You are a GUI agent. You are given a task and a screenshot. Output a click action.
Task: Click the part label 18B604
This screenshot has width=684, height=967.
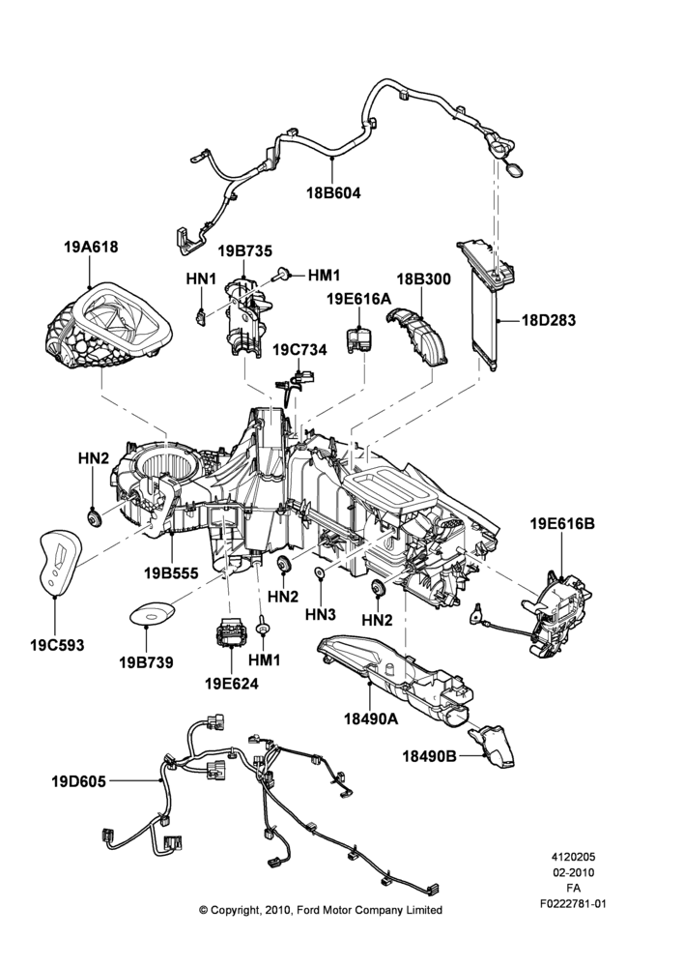coord(333,193)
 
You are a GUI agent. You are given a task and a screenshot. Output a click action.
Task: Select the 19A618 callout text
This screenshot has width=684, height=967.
coord(91,248)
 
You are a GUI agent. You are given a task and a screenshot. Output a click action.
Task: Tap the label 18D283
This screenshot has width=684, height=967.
coord(549,320)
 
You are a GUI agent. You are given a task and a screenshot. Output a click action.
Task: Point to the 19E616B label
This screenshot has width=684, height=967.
coord(562,523)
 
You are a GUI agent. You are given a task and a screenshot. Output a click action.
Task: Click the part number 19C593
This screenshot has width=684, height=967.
coord(57,646)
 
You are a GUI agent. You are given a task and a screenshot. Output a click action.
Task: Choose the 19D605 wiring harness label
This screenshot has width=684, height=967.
coord(78,781)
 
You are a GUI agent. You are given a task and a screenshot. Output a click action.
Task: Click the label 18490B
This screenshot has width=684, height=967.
coord(430,755)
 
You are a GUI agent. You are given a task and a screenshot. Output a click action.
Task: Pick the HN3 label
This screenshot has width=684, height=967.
coord(321,615)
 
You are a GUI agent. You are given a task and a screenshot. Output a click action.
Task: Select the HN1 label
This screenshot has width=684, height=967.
coord(201,279)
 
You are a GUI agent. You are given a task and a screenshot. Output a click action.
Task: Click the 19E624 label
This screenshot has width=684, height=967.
coord(232,684)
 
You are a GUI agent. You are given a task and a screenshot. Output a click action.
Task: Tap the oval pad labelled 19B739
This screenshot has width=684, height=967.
coord(151,614)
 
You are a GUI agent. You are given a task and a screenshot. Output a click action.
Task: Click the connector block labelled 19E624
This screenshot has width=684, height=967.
coord(231,633)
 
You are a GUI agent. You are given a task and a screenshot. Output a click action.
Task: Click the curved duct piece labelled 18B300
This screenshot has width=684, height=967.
coord(416,337)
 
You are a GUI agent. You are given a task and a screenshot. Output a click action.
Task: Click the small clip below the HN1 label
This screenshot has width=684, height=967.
coord(201,316)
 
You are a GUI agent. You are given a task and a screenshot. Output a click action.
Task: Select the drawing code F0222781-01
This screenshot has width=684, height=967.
coord(573,904)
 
